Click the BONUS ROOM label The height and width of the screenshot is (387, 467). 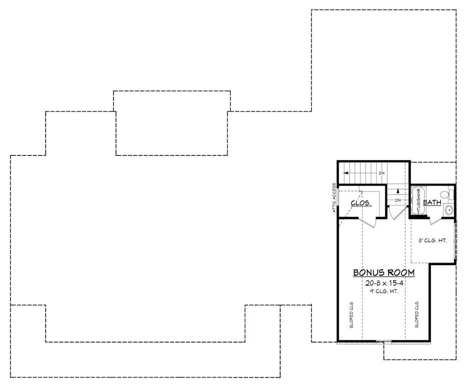pyautogui.click(x=384, y=273)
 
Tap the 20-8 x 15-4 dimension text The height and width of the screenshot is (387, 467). pyautogui.click(x=384, y=283)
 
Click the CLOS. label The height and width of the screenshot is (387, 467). pyautogui.click(x=360, y=203)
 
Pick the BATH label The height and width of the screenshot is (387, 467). pyautogui.click(x=431, y=202)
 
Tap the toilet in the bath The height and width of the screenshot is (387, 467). pyautogui.click(x=449, y=195)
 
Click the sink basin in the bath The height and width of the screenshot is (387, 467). pyautogui.click(x=449, y=210)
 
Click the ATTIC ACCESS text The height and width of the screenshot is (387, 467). pyautogui.click(x=334, y=198)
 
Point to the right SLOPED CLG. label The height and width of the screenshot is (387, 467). pyautogui.click(x=417, y=315)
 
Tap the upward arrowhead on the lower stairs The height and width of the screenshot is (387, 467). pyautogui.click(x=398, y=191)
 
